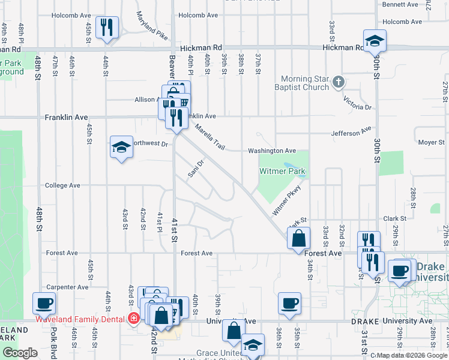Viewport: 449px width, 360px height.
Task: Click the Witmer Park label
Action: point(282,172)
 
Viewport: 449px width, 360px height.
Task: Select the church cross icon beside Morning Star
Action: point(338,82)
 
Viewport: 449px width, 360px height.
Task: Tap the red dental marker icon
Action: point(134,319)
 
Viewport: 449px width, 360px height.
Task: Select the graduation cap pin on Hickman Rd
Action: point(375,41)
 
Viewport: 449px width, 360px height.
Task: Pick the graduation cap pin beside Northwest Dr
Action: point(121,147)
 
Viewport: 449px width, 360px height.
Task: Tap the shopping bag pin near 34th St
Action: point(298,239)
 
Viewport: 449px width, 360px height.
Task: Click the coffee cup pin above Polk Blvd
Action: point(44,304)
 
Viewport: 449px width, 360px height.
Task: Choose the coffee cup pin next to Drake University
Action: point(400,271)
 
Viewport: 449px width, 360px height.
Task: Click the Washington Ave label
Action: point(274,151)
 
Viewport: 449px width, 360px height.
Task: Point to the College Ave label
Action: point(62,185)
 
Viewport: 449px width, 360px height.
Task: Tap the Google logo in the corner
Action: point(20,353)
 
